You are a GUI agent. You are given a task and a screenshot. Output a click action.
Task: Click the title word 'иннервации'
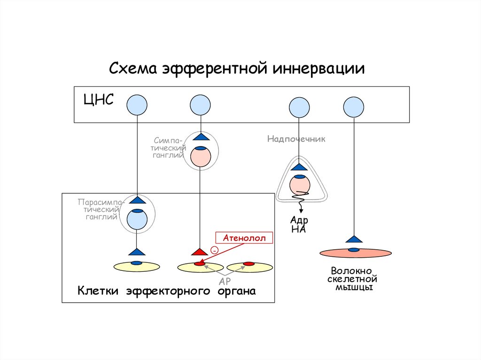[x=318, y=69]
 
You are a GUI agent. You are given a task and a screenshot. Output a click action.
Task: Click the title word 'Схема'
[x=134, y=69]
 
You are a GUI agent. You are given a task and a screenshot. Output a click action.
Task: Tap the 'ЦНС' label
[x=98, y=100]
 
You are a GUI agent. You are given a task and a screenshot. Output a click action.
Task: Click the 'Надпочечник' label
[x=296, y=139]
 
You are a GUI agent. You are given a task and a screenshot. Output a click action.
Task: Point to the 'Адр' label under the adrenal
[x=299, y=221]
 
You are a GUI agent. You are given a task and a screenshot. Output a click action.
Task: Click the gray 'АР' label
[x=225, y=281]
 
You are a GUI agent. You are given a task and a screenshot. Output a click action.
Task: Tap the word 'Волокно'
[x=351, y=271]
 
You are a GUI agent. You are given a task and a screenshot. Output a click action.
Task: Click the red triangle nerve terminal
[x=200, y=253]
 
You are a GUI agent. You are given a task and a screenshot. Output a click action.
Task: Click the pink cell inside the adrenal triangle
[x=299, y=184]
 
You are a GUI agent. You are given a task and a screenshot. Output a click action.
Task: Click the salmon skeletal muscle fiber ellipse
[x=356, y=253]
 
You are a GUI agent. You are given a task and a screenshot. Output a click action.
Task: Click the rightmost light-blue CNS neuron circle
[x=354, y=107]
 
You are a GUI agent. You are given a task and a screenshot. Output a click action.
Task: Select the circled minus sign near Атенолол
[x=214, y=250]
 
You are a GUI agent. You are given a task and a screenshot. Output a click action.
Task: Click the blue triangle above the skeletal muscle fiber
[x=354, y=239]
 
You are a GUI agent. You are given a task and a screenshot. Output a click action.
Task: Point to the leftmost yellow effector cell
[x=137, y=267]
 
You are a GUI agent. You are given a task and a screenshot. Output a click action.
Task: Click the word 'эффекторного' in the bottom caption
[x=167, y=291]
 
